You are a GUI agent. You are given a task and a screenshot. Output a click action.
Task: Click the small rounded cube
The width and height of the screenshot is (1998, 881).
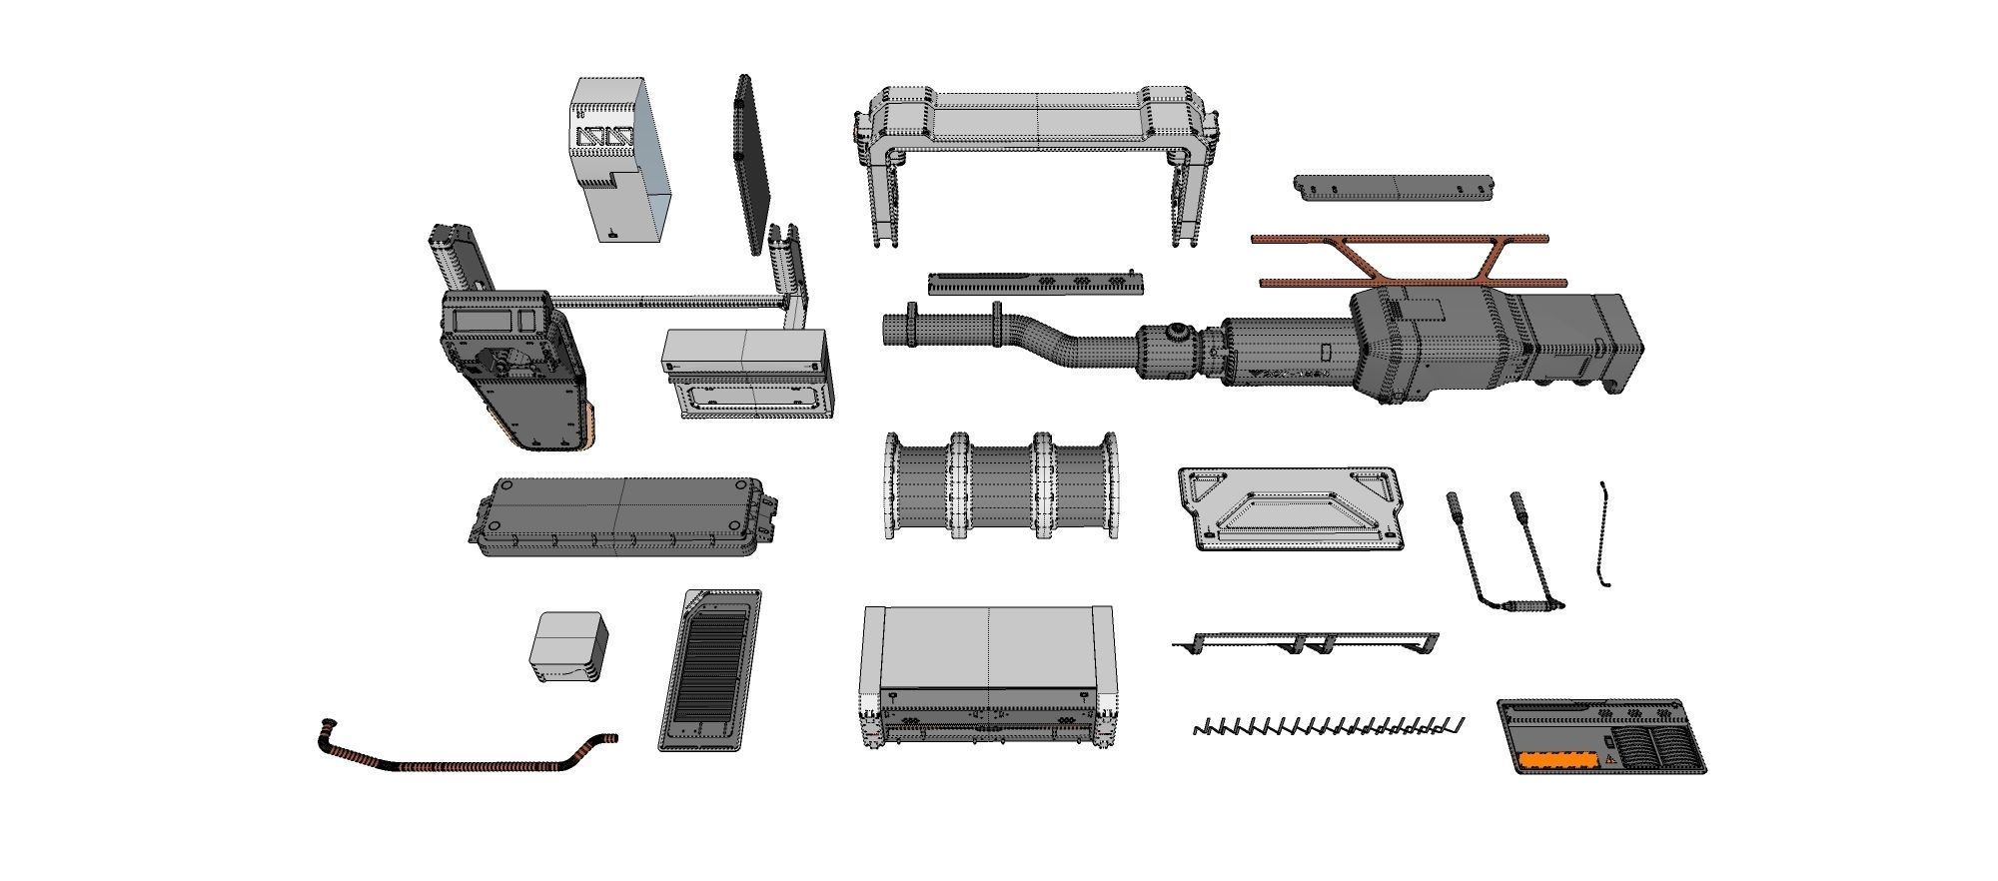[567, 647]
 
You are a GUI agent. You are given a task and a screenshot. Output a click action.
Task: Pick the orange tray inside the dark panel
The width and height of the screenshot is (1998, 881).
[1558, 762]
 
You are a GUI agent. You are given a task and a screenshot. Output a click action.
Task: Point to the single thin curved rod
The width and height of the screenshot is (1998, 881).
[1600, 534]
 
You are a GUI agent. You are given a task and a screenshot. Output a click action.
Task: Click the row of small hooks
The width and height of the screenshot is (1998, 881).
[1329, 726]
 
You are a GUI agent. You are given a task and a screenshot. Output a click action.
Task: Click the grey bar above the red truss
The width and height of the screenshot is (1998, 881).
[1395, 188]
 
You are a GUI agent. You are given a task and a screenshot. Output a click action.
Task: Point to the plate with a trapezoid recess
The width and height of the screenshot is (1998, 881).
[1289, 509]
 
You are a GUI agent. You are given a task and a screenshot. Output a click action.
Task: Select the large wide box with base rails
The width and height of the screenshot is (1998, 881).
[987, 674]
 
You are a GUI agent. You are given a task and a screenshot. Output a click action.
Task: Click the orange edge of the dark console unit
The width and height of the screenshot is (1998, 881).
[591, 425]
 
